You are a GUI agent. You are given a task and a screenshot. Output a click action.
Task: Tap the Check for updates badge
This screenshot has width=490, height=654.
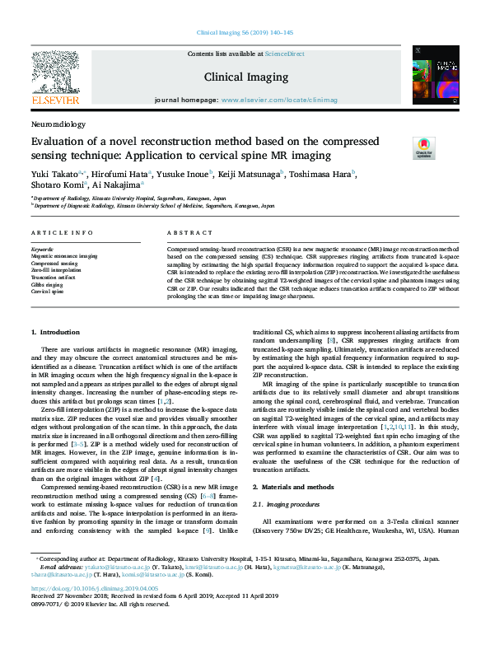pos(423,147)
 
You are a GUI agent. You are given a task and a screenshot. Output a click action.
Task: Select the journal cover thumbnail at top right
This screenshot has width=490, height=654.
pos(429,75)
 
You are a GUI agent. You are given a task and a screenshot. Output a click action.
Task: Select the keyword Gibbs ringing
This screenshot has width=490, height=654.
pos(49,286)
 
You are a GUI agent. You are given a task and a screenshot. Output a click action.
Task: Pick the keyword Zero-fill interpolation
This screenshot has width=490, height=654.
pos(57,269)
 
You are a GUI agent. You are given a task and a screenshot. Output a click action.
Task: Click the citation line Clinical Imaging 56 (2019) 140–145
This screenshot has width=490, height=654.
pos(245,33)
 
